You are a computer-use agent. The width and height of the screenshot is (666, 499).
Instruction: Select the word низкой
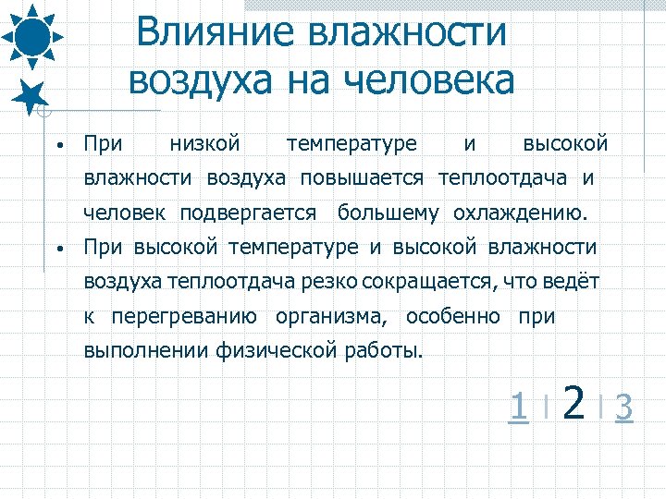tap(205, 143)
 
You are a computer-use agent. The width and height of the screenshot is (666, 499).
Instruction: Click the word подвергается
tap(248, 213)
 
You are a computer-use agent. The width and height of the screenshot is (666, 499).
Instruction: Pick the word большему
tap(388, 213)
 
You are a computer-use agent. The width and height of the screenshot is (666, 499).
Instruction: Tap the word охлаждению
tap(520, 213)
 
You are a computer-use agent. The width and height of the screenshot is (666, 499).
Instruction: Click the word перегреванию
tap(184, 316)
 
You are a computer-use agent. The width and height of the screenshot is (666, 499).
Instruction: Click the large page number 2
tap(573, 403)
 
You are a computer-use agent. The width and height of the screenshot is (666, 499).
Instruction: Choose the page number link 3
tap(623, 406)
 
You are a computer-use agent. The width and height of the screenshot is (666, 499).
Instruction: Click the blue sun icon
tap(32, 36)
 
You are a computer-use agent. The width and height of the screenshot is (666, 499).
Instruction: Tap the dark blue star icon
tap(31, 95)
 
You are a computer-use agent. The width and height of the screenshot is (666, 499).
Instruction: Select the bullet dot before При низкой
tap(57, 146)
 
